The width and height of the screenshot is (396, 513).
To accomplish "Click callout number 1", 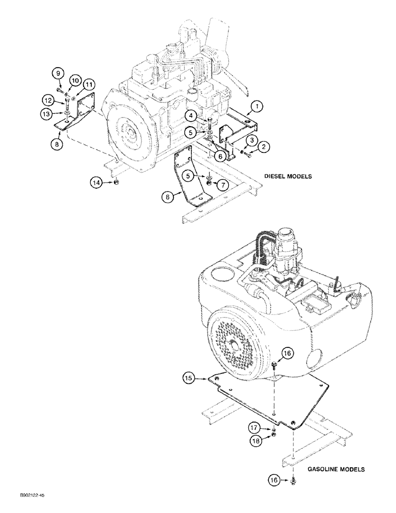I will click(256, 107).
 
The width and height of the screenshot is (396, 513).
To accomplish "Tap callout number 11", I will click(89, 84).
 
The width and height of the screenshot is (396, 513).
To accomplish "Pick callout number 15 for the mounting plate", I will click(190, 379).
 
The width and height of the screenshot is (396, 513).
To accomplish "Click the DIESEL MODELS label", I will click(288, 175).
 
